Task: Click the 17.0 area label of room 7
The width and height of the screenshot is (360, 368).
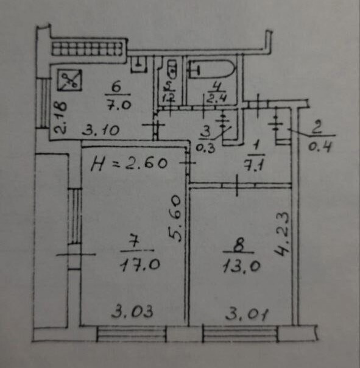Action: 140,265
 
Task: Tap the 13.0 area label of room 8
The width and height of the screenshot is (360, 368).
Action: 241,266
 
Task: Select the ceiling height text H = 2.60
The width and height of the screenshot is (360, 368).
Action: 129,163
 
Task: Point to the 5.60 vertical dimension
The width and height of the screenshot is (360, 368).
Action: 175,218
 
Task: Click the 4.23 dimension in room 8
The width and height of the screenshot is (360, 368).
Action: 281,234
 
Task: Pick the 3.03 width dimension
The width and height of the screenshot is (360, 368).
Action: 132,311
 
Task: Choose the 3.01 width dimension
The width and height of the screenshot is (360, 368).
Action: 247,314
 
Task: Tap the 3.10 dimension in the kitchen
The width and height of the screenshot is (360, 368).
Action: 101,130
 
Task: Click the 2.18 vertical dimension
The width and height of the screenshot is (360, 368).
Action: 60,118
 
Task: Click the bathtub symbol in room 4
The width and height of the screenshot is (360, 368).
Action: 212,69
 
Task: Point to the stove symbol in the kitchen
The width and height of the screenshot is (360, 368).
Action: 69,80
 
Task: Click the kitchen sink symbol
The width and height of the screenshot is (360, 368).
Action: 139,64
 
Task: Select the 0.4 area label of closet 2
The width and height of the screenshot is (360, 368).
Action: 320,147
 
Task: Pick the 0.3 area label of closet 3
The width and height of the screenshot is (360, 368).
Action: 205,148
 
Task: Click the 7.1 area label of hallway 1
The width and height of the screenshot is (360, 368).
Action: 255,165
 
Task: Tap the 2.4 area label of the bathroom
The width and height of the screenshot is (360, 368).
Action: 216,98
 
